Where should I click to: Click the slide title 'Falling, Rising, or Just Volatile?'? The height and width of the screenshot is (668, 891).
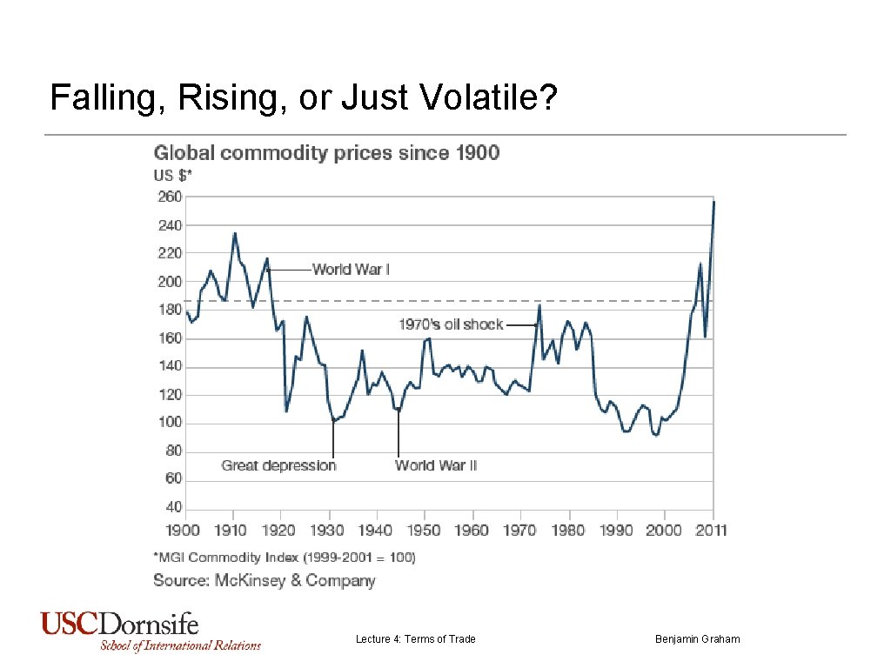click(303, 98)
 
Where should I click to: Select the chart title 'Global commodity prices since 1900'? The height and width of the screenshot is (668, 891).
click(326, 153)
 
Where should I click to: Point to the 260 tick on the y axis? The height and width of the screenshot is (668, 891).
click(169, 197)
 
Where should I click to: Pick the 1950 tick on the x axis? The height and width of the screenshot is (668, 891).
click(425, 530)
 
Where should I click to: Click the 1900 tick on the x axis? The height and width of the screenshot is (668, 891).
click(184, 530)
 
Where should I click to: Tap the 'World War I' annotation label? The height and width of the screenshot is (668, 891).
click(351, 270)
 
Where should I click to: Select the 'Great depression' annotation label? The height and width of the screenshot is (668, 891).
click(278, 465)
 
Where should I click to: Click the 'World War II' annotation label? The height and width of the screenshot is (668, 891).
click(436, 465)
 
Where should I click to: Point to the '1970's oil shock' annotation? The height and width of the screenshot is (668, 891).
click(451, 324)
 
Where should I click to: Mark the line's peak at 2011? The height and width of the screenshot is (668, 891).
click(713, 202)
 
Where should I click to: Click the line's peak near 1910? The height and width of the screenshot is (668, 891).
click(234, 233)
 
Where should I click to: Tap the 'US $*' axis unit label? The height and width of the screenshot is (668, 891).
click(172, 175)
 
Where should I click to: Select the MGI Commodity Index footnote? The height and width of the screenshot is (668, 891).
click(285, 557)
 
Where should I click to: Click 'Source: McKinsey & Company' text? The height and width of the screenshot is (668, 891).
click(265, 580)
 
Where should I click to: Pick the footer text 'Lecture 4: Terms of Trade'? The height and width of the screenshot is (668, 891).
click(415, 639)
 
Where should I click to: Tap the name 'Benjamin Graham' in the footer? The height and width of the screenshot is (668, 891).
click(697, 639)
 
